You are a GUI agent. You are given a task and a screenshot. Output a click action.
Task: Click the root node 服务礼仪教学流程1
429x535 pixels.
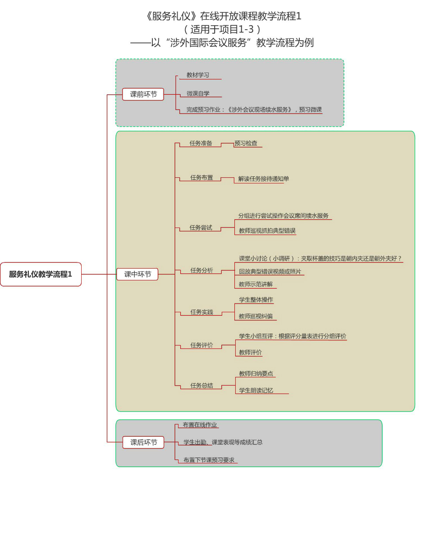coord(41,274)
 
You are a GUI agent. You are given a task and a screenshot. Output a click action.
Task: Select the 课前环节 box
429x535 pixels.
coord(143,94)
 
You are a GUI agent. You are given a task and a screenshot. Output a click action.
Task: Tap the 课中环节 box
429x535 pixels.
coord(137,274)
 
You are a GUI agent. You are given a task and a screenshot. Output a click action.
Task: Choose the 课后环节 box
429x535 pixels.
coord(144,442)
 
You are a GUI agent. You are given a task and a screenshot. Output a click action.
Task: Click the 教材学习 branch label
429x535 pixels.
coord(198,75)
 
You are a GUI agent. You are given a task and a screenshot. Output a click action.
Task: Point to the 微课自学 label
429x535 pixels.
coord(198,93)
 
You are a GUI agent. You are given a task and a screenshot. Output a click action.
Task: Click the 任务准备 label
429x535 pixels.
coord(201,143)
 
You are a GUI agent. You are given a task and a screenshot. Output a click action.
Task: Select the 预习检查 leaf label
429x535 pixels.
coord(246,143)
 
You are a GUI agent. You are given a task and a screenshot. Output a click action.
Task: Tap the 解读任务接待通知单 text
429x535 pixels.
coord(264,179)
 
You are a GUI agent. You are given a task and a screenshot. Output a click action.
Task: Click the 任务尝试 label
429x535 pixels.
coord(201,228)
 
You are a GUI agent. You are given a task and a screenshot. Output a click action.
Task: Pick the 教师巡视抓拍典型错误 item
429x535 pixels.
coord(267,231)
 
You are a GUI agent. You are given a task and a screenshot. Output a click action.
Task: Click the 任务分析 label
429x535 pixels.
coord(202,270)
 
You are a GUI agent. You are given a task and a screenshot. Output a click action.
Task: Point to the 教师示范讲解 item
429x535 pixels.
coord(256,284)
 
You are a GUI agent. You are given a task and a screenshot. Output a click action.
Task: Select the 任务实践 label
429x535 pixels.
coord(202,312)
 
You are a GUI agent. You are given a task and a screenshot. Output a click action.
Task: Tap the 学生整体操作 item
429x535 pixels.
coord(256,300)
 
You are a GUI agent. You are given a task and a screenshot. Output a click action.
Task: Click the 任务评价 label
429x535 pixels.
coord(202,345)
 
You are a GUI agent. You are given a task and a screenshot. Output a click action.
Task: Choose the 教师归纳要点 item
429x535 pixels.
coord(256,374)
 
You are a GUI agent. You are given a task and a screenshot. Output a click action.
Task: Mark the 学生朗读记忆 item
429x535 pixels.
coord(256,390)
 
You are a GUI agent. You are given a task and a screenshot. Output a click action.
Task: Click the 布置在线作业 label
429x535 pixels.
coord(200,425)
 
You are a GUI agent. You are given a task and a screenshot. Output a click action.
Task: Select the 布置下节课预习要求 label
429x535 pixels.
coord(209,460)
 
